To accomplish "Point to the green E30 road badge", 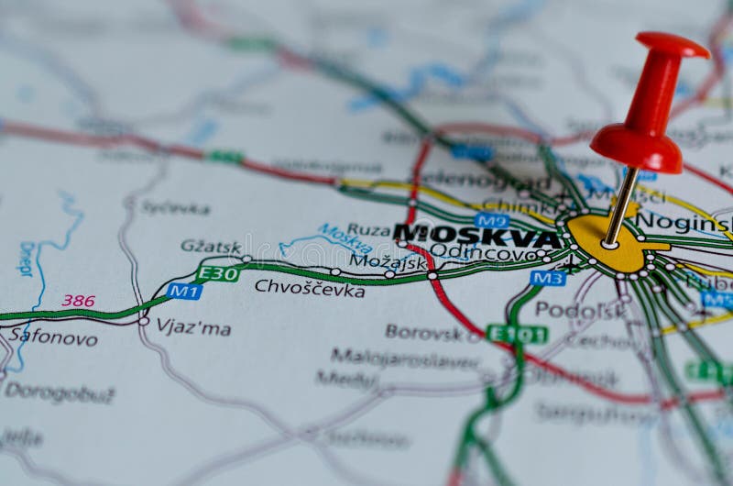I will pyautogui.click(x=218, y=273).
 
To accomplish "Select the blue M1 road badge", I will pyautogui.click(x=184, y=291).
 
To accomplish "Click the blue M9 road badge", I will pyautogui.click(x=492, y=221).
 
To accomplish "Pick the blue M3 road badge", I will pyautogui.click(x=547, y=277).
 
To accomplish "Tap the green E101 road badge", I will pyautogui.click(x=518, y=334).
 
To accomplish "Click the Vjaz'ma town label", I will pyautogui.click(x=193, y=327).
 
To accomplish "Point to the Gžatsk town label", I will pyautogui.click(x=211, y=246).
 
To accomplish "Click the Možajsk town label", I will pyautogui.click(x=388, y=261).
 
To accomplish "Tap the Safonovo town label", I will pyautogui.click(x=53, y=337).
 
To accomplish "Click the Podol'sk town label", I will pyautogui.click(x=579, y=310).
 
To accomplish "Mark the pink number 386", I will pyautogui.click(x=78, y=300).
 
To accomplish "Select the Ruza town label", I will pyautogui.click(x=367, y=230).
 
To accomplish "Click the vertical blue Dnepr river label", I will pyautogui.click(x=25, y=259).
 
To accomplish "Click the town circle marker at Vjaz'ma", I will pyautogui.click(x=143, y=321).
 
